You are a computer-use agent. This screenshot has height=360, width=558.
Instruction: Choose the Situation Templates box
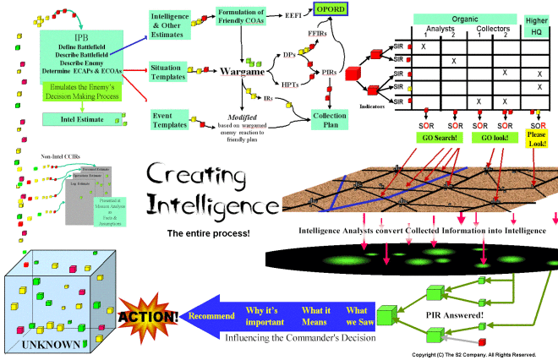pos(173,70)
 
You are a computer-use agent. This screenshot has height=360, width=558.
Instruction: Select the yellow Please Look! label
pos(539,136)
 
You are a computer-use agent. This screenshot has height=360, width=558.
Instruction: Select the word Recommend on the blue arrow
pos(211,316)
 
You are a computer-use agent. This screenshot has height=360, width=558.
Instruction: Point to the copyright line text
pos(474,354)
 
